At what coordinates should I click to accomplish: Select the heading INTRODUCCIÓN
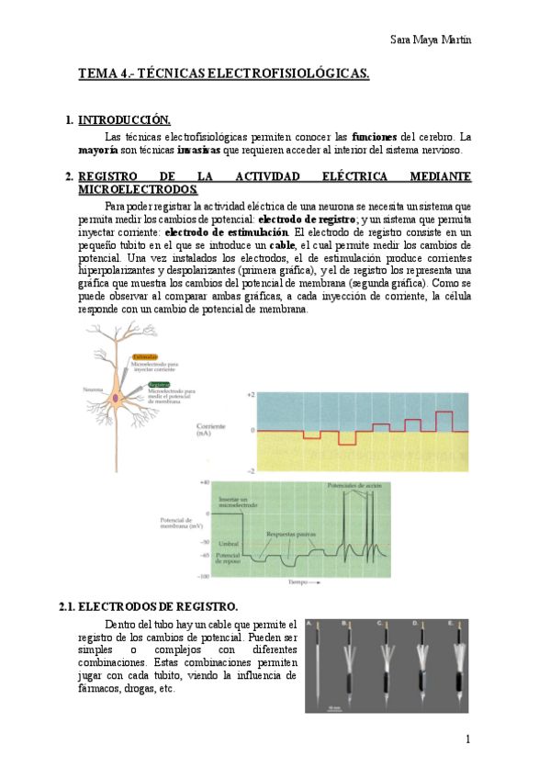124,120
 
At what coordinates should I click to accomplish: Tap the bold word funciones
377,136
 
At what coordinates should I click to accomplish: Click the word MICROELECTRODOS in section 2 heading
138,189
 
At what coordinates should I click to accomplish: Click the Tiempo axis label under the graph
299,582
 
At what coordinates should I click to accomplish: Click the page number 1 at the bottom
468,739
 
